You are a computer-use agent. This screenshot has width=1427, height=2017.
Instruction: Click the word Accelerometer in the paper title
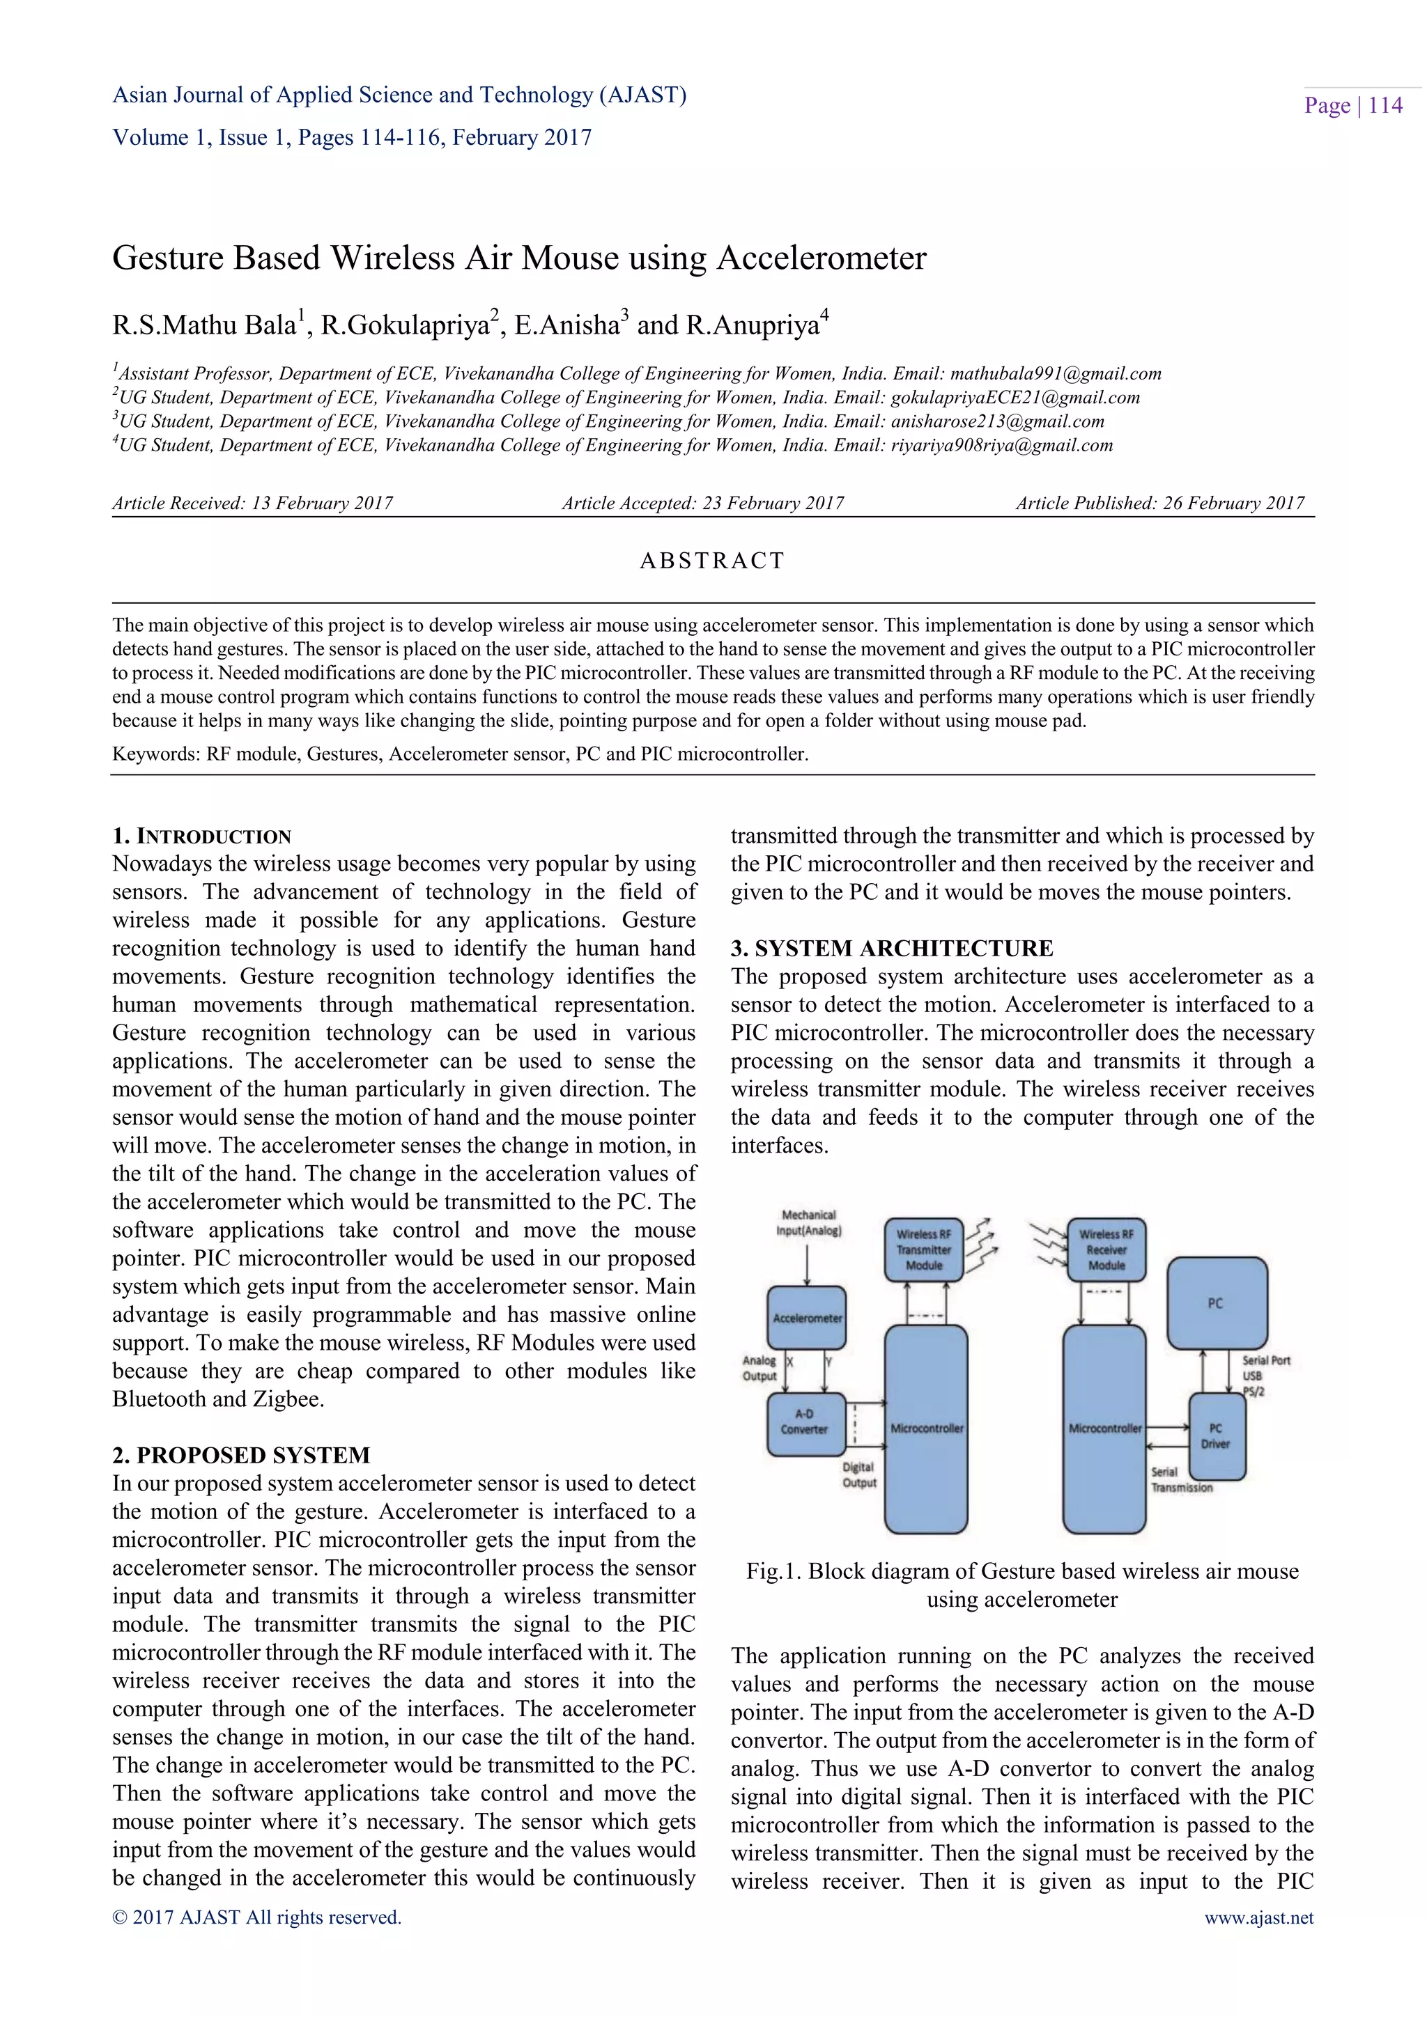(822, 258)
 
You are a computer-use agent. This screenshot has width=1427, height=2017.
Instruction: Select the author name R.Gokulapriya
(405, 326)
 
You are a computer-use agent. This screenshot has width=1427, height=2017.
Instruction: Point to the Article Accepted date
(702, 504)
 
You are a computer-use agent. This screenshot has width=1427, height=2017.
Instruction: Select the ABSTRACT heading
(711, 561)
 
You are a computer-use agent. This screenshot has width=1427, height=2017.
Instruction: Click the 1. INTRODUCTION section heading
(201, 836)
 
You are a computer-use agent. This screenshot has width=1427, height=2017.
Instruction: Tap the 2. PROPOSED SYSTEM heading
(241, 1456)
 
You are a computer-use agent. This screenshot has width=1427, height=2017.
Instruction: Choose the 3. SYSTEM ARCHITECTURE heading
(892, 949)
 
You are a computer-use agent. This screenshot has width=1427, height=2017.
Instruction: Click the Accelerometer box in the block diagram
(807, 1318)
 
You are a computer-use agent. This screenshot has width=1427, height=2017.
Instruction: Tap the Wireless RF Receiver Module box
(1106, 1249)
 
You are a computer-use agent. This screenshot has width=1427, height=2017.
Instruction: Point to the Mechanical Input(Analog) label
(808, 1223)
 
